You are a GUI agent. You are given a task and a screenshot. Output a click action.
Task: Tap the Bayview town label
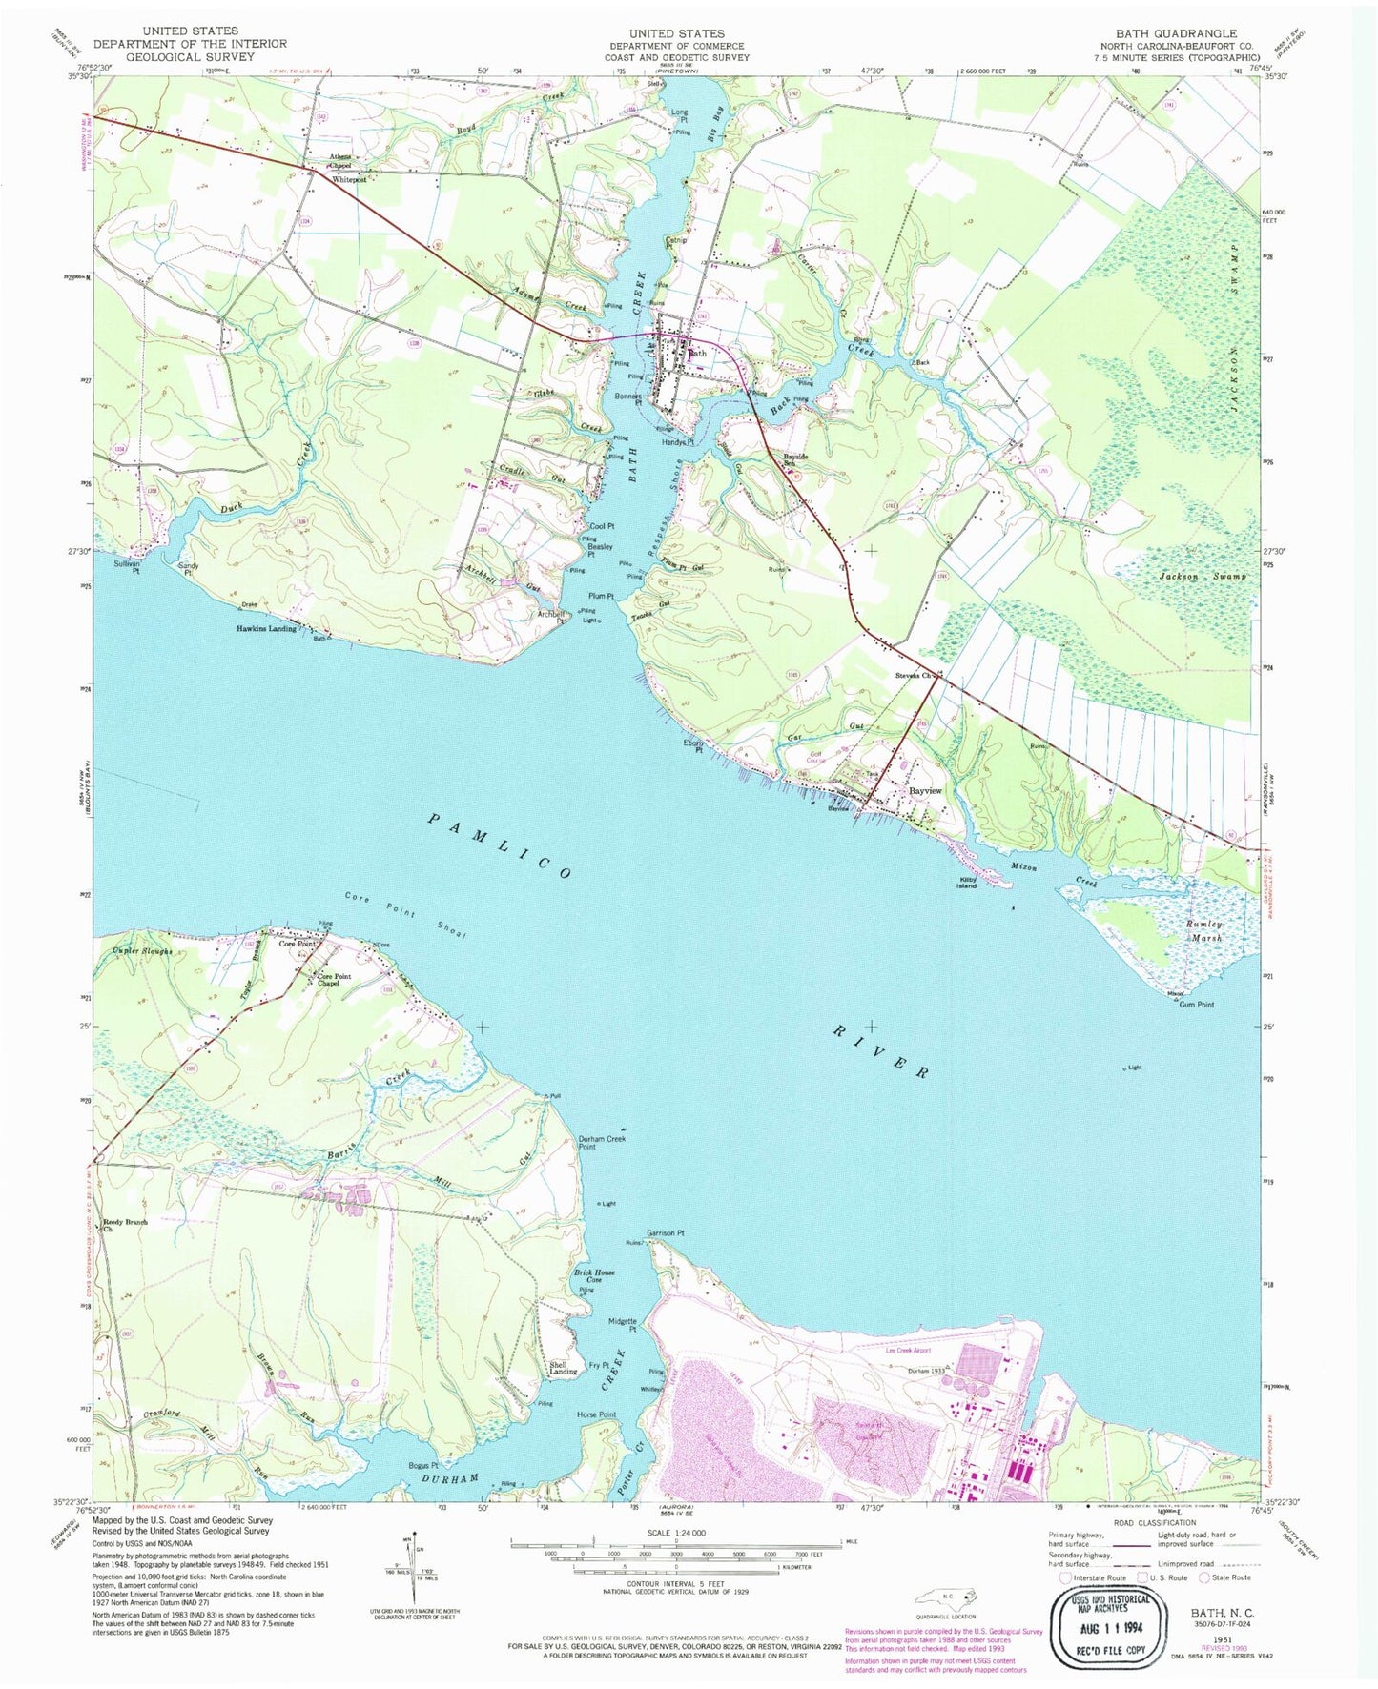pyautogui.click(x=924, y=791)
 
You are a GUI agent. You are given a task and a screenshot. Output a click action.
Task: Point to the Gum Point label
pyautogui.click(x=1196, y=1004)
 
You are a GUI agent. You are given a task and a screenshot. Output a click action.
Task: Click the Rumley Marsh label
pyautogui.click(x=1203, y=930)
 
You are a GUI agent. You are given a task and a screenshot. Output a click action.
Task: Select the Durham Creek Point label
pyautogui.click(x=602, y=1142)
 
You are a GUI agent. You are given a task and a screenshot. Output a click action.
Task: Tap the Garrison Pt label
pyautogui.click(x=666, y=1232)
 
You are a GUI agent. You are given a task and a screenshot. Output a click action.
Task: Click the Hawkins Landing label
pyautogui.click(x=266, y=628)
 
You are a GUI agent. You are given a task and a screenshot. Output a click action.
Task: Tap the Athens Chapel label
pyautogui.click(x=340, y=160)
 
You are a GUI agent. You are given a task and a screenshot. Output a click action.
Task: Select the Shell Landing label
pyautogui.click(x=563, y=1368)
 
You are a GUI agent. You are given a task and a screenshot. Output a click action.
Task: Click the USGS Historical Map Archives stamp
pyautogui.click(x=1111, y=1612)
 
